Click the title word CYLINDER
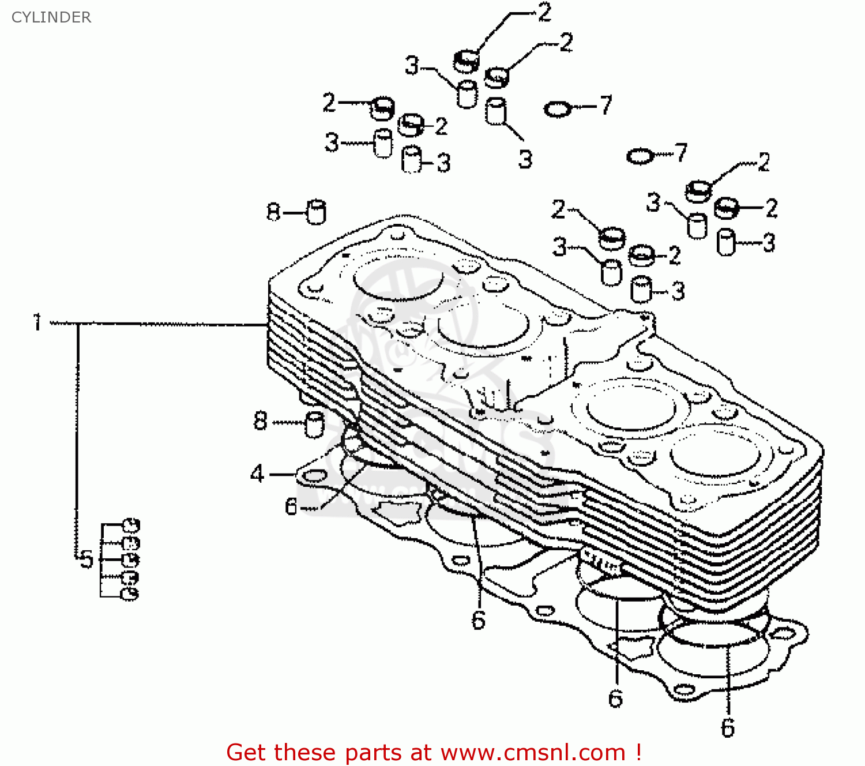[x=51, y=17]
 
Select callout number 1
[x=37, y=322]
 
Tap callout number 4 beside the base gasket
[x=257, y=474]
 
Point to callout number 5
[x=86, y=559]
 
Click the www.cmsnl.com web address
[x=533, y=753]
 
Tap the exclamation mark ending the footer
[x=638, y=752]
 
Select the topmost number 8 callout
[x=273, y=212]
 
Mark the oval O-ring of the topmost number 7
[x=558, y=109]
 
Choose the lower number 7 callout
[x=682, y=152]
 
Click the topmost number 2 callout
[x=544, y=13]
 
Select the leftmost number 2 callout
[x=329, y=103]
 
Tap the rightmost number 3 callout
[x=769, y=242]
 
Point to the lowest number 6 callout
[x=728, y=728]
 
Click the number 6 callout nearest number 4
[x=291, y=506]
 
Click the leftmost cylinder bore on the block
[x=398, y=277]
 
